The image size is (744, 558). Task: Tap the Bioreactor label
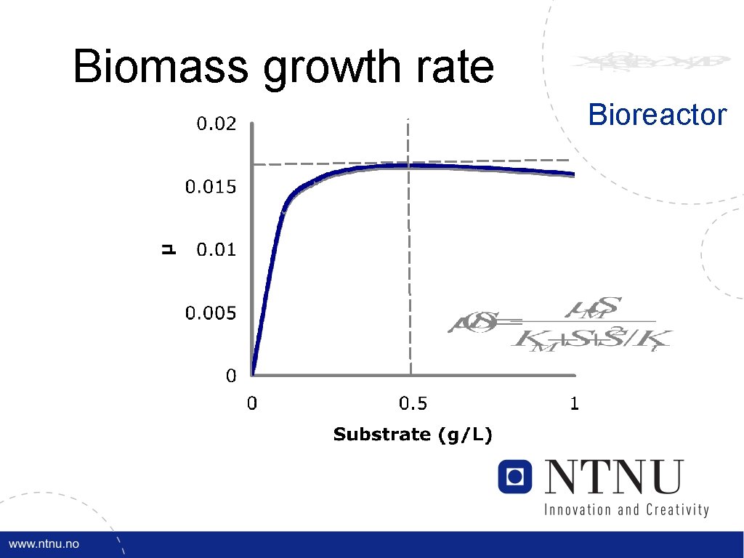click(x=657, y=115)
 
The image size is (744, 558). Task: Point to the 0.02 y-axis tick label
click(x=217, y=124)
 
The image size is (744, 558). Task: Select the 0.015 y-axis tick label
click(x=211, y=187)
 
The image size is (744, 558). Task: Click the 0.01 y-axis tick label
click(x=217, y=251)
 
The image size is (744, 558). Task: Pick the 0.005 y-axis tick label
click(x=211, y=314)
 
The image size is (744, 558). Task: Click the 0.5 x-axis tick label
click(x=413, y=403)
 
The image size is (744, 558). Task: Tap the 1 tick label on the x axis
click(x=574, y=403)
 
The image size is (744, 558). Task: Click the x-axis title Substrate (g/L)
click(x=413, y=435)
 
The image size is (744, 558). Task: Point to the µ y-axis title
click(x=168, y=250)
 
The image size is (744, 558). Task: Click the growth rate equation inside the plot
click(x=559, y=325)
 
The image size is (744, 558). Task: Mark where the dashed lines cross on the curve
click(x=409, y=165)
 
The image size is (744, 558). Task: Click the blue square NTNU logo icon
click(x=515, y=476)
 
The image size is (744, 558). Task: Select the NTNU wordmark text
click(x=615, y=477)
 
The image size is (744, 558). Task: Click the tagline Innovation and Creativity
click(x=626, y=509)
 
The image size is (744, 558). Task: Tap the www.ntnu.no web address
click(x=44, y=544)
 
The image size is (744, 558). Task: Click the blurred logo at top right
click(x=649, y=62)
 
